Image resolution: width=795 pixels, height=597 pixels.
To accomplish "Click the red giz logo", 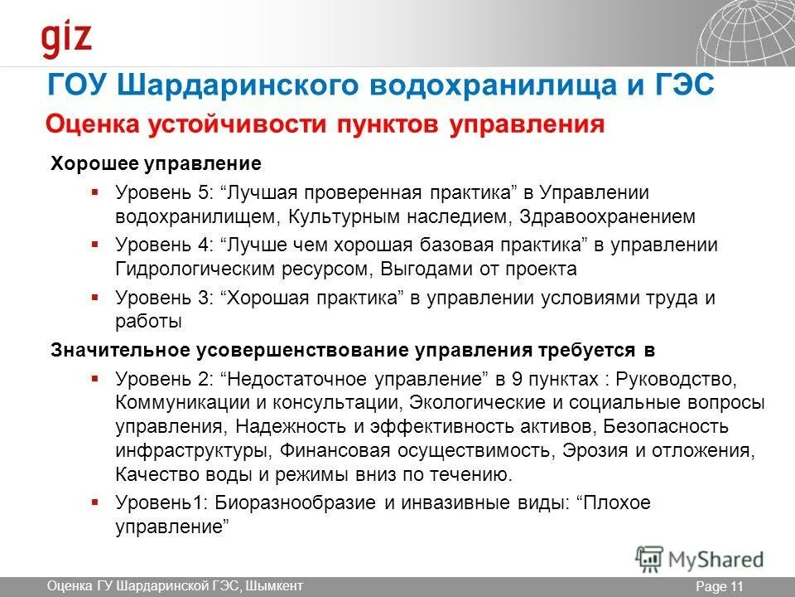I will click(67, 39).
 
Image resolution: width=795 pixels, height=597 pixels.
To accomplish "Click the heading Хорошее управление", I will click(144, 163).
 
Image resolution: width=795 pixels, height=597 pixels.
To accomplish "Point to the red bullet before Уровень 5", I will click(95, 192).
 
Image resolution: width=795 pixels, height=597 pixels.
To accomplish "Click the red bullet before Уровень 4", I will click(95, 245).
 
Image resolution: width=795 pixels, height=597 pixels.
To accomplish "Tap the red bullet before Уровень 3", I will click(95, 297).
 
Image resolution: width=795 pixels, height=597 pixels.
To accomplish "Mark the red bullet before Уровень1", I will click(95, 502).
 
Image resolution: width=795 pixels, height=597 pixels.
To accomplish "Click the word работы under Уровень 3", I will click(148, 322).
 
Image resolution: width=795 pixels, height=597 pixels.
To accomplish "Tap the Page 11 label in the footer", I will click(720, 587).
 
